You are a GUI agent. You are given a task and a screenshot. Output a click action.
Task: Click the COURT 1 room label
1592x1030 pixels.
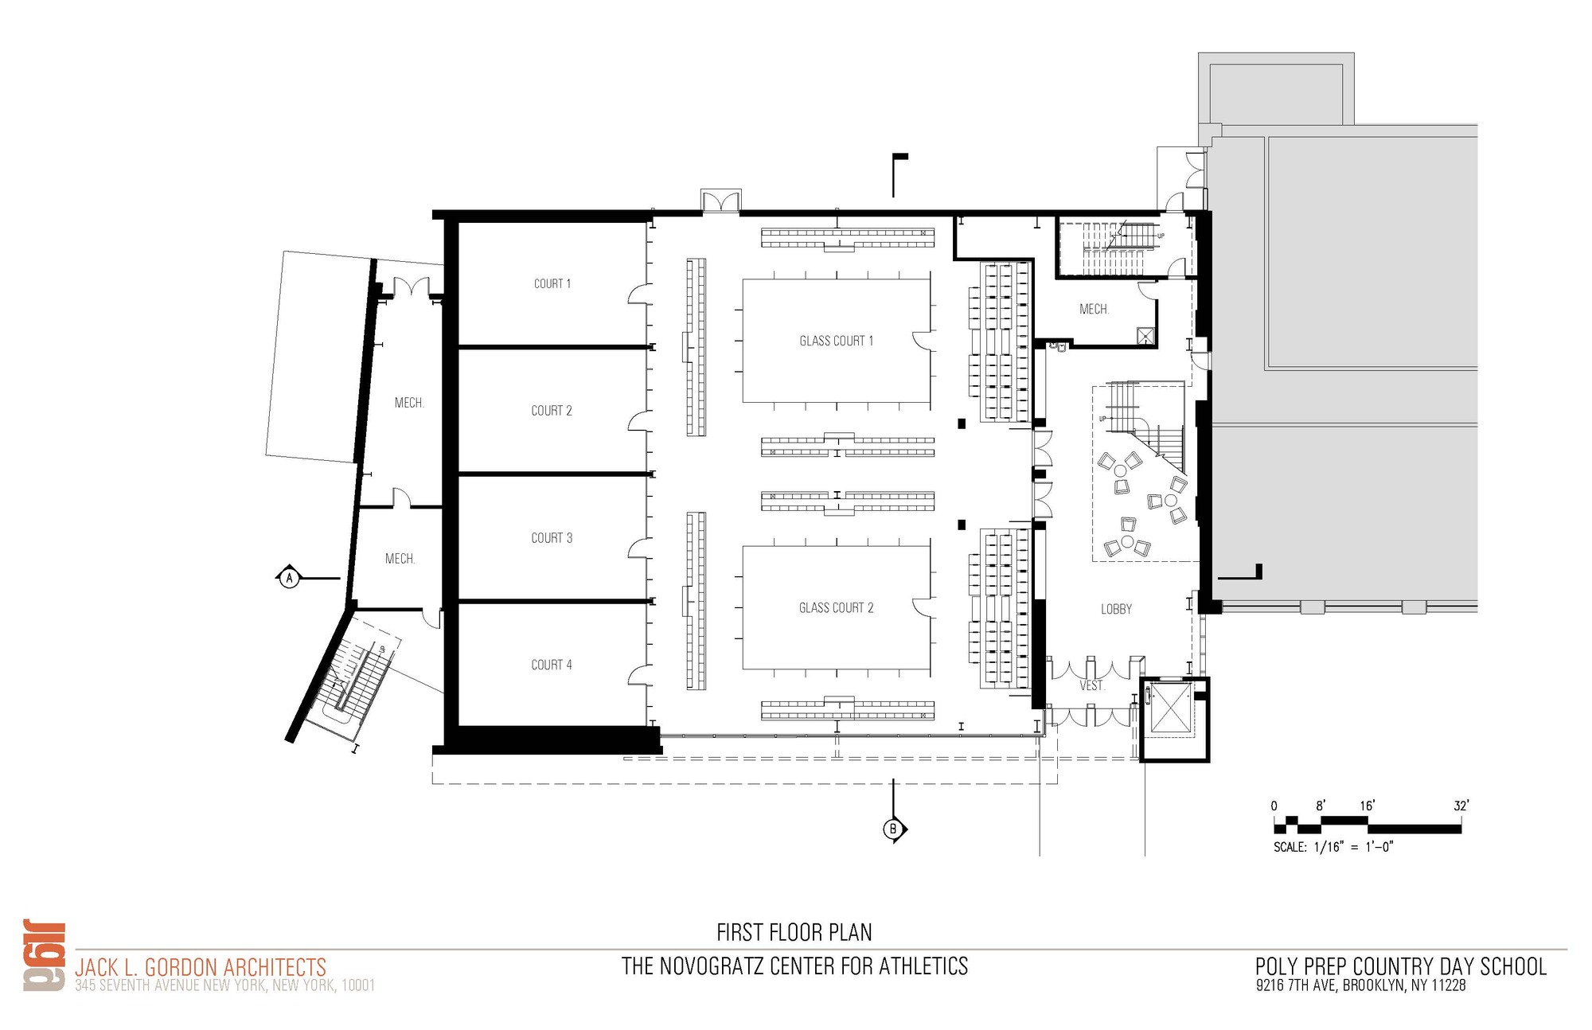tap(552, 283)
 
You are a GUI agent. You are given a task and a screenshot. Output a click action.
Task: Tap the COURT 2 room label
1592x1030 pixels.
tap(552, 411)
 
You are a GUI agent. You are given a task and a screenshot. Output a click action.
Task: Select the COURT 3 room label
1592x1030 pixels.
tap(552, 538)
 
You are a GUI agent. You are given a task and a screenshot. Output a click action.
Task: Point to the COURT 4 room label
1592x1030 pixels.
tap(552, 665)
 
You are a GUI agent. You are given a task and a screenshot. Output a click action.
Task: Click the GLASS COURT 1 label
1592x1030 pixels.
tap(836, 341)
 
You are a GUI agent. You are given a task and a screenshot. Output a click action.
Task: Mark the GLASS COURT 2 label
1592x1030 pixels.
tap(836, 608)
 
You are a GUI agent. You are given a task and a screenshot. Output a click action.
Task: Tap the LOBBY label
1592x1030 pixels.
tap(1116, 609)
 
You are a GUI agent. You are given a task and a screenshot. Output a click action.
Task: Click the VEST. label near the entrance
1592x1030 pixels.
tap(1092, 685)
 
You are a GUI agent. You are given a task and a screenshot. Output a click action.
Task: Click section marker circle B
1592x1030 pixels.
tap(892, 829)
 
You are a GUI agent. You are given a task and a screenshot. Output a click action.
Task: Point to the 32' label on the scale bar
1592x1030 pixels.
tap(1461, 806)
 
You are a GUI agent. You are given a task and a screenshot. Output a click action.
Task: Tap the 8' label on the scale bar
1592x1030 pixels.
tap(1321, 806)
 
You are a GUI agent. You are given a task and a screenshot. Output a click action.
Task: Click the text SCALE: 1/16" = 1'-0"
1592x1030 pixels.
tap(1333, 847)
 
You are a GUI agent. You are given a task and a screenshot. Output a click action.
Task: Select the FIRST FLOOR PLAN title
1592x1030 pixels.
tap(794, 932)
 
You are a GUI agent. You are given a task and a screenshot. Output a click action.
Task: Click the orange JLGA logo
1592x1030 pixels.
tap(45, 956)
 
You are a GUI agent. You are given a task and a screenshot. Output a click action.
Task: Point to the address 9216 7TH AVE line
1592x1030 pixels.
tap(1360, 985)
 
